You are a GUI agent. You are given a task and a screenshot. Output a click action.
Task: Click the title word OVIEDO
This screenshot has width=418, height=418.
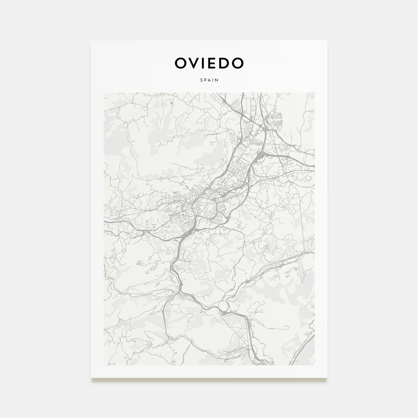tap(209, 63)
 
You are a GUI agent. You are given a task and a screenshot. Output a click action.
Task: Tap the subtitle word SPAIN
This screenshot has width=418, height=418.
tap(209, 80)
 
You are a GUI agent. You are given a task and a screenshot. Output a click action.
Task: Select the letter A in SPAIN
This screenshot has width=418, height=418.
tap(209, 80)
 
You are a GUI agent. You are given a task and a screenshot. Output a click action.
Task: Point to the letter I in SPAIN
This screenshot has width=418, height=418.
tap(213, 80)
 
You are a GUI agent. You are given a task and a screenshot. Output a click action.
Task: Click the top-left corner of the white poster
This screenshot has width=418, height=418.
tap(91, 41)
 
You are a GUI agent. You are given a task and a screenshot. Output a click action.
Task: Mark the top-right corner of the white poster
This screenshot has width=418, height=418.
tap(327, 41)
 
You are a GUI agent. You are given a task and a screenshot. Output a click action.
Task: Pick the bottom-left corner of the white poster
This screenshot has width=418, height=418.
tap(91, 377)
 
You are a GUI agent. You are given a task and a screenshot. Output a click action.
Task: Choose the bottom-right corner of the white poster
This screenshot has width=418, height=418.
tap(327, 377)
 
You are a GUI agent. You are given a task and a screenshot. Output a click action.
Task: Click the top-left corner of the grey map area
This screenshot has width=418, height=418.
tap(103, 93)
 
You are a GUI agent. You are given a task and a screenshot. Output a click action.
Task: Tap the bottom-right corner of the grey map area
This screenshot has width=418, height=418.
tap(315, 365)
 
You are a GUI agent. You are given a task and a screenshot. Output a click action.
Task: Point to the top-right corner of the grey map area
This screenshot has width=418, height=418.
tap(315, 93)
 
